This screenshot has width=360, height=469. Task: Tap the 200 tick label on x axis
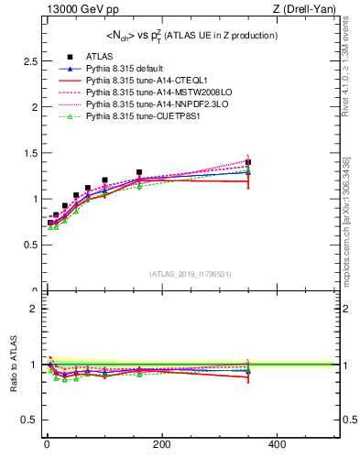pos(162,443)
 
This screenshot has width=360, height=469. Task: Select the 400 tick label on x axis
pos(277,443)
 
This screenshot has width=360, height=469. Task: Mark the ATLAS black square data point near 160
pos(139,172)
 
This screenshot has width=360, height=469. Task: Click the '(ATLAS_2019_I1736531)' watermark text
pos(190,273)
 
